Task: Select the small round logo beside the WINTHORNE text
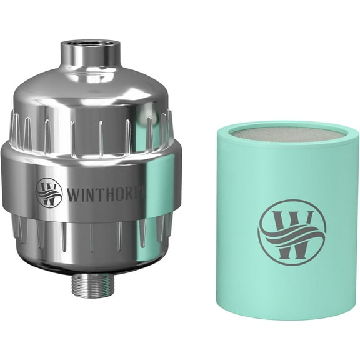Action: (x=49, y=191)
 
